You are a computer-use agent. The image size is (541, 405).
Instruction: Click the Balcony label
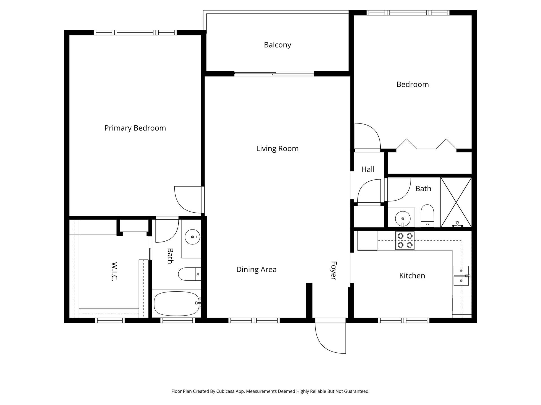click(277, 45)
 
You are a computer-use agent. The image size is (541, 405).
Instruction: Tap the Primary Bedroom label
click(135, 128)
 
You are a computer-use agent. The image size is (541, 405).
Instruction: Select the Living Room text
click(277, 148)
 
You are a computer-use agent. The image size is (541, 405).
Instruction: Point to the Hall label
click(368, 169)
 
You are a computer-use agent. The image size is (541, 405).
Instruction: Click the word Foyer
click(334, 271)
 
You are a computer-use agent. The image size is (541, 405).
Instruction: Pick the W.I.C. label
click(114, 271)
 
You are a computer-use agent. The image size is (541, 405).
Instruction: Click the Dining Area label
click(256, 269)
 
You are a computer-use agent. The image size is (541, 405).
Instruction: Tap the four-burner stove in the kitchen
click(405, 240)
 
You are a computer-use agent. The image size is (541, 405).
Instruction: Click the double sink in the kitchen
click(461, 276)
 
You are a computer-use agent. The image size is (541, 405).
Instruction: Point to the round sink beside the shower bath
click(403, 219)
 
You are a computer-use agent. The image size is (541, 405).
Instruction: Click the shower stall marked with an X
click(456, 202)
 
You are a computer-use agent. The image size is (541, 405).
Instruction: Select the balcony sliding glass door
click(274, 74)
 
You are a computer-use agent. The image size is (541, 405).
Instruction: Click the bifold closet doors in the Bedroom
click(426, 144)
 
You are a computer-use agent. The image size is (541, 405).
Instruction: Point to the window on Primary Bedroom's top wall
click(135, 33)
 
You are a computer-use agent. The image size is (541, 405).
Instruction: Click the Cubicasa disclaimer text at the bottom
click(270, 391)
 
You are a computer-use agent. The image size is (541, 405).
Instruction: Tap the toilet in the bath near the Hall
click(427, 216)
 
